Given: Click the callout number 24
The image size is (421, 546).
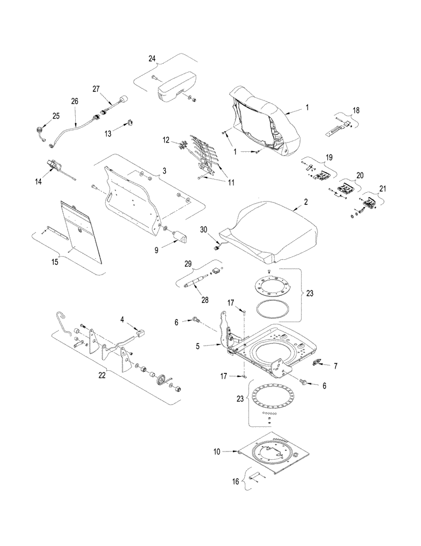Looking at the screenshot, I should click(x=152, y=58).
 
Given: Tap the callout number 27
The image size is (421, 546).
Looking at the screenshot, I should click(x=97, y=89).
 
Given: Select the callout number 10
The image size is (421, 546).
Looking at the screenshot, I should click(x=218, y=452).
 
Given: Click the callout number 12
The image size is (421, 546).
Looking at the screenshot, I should click(x=166, y=141).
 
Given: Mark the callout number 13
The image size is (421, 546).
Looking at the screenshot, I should click(x=108, y=132).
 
